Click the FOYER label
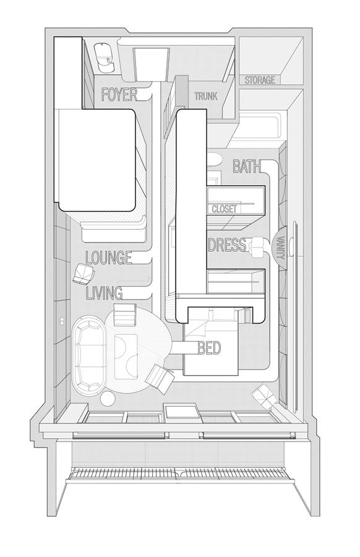(119, 95)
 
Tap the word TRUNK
(206, 96)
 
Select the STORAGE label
(260, 80)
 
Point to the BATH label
(247, 166)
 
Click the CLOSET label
(225, 209)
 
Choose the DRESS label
(227, 245)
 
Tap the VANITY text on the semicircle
(282, 248)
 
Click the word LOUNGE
(109, 257)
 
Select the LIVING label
(105, 293)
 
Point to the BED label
(209, 348)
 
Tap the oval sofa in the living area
(89, 355)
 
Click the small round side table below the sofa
(108, 398)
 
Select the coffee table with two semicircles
(126, 356)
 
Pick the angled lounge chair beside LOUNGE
(84, 274)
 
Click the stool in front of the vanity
(258, 247)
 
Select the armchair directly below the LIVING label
(125, 315)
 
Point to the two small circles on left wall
(62, 321)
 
